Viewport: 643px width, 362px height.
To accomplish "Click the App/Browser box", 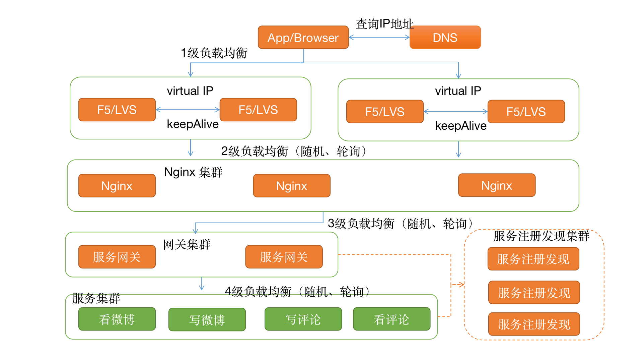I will tap(303, 38).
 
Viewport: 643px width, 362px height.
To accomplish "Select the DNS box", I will tap(445, 38).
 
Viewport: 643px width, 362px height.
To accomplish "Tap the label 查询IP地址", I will tap(384, 24).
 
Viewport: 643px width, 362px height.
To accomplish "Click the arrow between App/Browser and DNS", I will tap(379, 37).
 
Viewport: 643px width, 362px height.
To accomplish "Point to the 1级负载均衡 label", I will tap(214, 53).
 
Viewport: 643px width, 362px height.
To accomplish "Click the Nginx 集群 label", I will tap(193, 172).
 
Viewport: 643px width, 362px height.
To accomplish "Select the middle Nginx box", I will tap(292, 186).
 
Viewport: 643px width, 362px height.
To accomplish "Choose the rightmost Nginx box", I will tap(497, 185).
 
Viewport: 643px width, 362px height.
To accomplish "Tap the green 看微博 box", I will tap(117, 319).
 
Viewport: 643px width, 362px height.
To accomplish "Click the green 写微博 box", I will tap(207, 320).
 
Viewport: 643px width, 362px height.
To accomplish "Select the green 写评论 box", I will tap(303, 319).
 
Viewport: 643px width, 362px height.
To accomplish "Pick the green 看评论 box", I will tap(391, 319).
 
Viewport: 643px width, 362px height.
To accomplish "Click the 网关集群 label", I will tap(187, 245).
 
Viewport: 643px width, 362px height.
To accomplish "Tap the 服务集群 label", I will tap(96, 298).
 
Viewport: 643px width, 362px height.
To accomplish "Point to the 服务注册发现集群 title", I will tap(541, 236).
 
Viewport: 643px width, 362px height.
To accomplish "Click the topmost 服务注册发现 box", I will tap(533, 259).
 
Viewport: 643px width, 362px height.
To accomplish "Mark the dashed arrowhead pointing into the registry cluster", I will tap(461, 285).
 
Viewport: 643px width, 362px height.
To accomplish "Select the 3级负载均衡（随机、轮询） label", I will tap(401, 224).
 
